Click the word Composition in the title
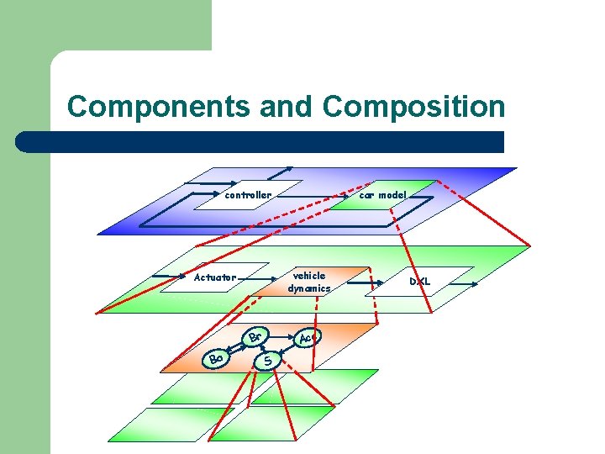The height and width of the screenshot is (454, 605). point(413,108)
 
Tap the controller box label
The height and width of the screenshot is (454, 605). point(248,195)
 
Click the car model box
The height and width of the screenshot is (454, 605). point(382,195)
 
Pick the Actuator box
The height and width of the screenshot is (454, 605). point(215,277)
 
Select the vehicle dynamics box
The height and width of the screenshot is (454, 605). point(308,282)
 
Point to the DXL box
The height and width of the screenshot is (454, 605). point(420,282)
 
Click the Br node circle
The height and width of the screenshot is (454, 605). point(256,338)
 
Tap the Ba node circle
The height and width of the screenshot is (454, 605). point(216,359)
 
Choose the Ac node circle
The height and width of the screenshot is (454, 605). point(307,338)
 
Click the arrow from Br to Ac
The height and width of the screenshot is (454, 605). point(281,337)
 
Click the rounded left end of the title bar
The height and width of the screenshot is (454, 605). point(24,141)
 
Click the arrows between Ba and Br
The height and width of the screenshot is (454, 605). point(236,349)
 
